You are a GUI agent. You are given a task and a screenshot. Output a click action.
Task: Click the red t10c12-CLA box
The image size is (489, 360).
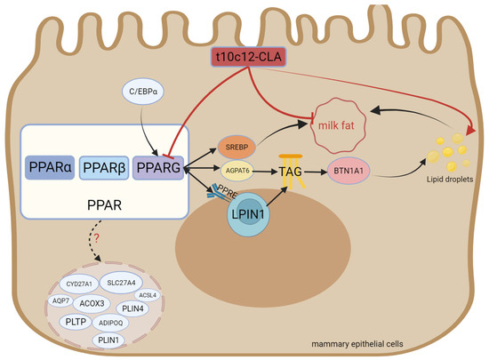253,57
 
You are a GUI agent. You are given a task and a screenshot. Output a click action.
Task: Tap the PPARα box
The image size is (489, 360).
54,166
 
